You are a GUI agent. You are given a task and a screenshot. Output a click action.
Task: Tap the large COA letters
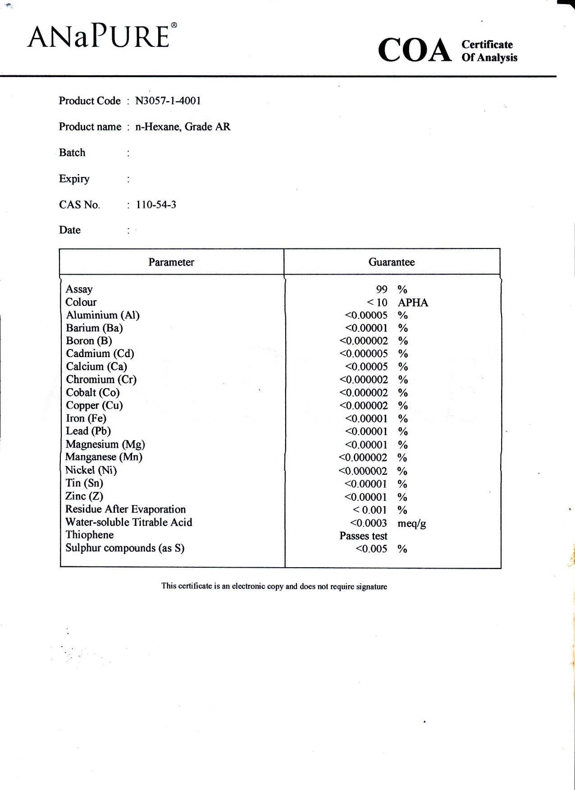tap(415, 51)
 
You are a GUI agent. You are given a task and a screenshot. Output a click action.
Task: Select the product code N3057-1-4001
tap(168, 101)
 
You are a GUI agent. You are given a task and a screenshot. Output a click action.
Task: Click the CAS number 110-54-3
tap(156, 205)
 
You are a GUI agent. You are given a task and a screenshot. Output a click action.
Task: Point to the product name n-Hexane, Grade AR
tap(183, 127)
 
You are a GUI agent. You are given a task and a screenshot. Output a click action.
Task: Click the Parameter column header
tap(171, 262)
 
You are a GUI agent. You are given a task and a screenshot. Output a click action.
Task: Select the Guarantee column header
tap(392, 262)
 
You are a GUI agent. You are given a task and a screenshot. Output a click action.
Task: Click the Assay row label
tap(79, 289)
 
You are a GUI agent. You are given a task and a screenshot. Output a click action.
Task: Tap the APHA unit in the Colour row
tap(413, 303)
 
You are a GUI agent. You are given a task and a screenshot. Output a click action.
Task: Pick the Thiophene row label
tap(90, 535)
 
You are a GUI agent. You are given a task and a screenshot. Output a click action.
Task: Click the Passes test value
tap(363, 536)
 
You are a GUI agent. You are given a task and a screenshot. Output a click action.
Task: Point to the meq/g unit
tap(412, 523)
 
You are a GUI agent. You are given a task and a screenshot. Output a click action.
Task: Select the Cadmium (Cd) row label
tap(100, 354)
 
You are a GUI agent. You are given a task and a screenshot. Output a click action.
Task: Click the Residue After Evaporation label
tap(126, 509)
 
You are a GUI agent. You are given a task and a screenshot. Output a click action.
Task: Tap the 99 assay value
tap(382, 289)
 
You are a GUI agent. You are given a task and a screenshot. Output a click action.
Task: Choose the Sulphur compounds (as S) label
tap(125, 548)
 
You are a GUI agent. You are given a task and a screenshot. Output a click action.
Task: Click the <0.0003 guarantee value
tap(369, 523)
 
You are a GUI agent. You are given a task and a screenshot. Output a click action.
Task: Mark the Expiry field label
tap(74, 179)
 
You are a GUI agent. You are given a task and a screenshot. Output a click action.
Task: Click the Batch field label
tap(72, 152)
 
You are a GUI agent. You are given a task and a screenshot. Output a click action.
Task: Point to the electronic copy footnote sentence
tap(274, 586)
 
